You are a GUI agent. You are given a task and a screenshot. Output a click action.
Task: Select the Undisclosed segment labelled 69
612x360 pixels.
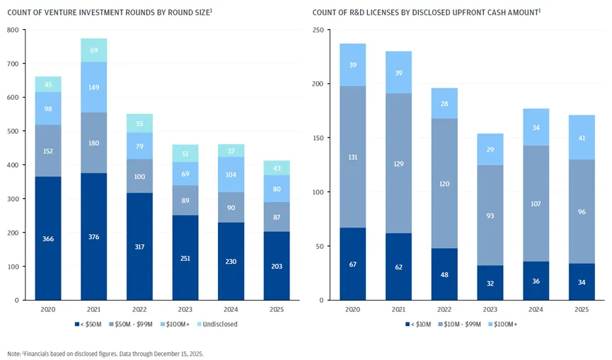point(93,50)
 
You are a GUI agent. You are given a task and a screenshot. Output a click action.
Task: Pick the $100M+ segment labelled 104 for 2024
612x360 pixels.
point(230,174)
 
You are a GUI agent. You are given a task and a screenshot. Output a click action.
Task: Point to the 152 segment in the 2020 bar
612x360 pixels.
point(48,151)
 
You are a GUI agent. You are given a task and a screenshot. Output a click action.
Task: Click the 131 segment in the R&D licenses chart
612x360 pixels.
point(352,157)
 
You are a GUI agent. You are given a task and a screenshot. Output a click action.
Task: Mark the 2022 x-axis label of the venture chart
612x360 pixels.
point(139,310)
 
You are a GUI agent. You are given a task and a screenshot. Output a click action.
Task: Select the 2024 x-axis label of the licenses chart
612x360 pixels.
point(535,310)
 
